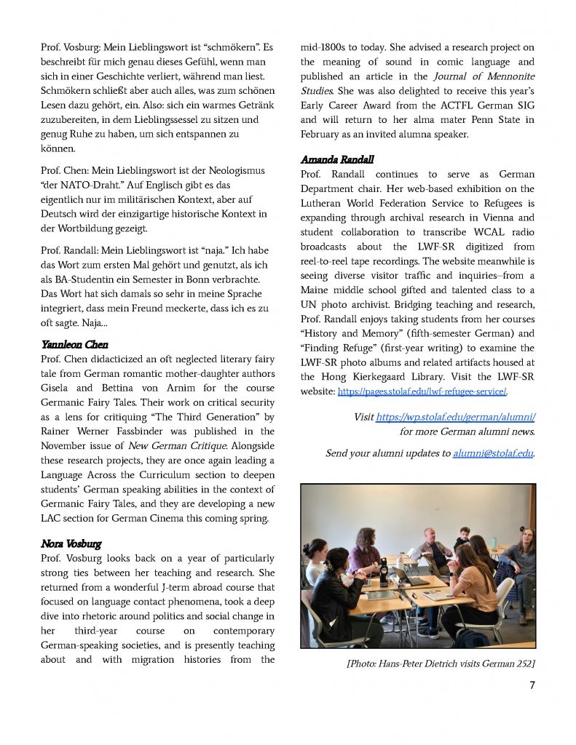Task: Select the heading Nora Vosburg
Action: click(71, 543)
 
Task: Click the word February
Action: click(324, 135)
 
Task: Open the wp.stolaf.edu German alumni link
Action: click(456, 417)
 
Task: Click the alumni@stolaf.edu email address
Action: click(493, 453)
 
